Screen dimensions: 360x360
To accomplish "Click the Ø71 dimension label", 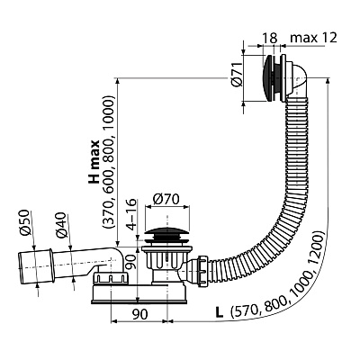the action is tap(237, 75).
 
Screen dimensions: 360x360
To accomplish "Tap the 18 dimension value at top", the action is tap(270, 38).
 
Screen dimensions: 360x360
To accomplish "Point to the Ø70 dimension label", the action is tap(166, 200).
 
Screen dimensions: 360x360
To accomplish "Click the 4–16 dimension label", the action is tap(132, 215).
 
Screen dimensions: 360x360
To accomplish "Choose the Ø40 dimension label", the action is tap(61, 225).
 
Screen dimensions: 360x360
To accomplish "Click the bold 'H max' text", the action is tap(94, 161).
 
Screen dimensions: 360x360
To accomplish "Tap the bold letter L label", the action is tap(220, 313).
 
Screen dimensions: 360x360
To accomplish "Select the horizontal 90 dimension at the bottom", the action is tap(140, 314).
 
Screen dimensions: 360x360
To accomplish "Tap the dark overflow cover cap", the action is tap(267, 78).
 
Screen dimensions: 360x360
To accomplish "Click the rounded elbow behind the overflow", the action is tap(296, 79).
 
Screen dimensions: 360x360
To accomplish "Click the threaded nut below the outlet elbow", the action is tap(111, 278).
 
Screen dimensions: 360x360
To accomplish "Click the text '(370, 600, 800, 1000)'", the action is tap(108, 162).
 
